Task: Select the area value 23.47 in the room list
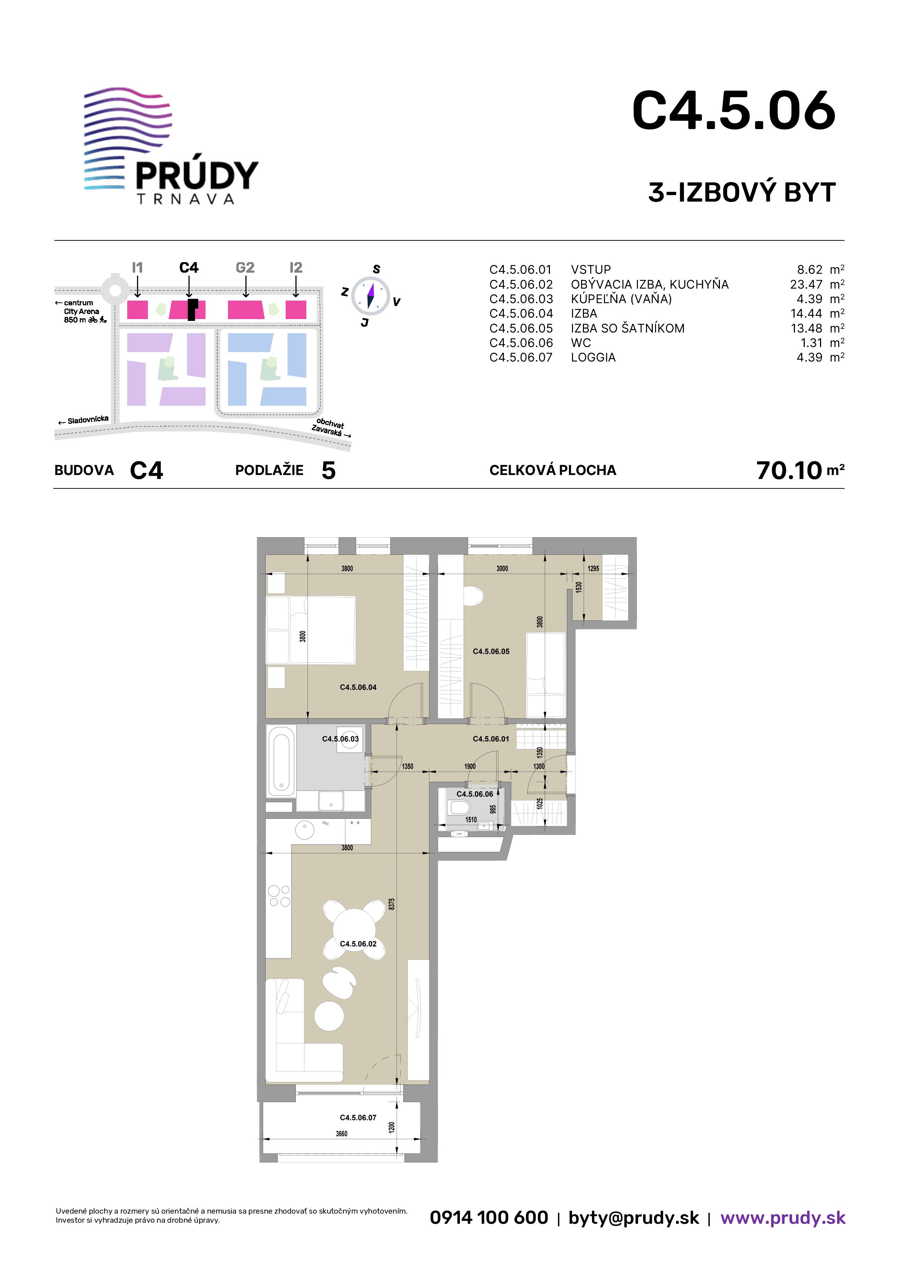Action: (x=806, y=284)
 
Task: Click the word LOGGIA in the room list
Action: (x=593, y=357)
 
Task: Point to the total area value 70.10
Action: (x=789, y=470)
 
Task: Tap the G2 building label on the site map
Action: (x=245, y=268)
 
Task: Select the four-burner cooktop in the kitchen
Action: (x=279, y=896)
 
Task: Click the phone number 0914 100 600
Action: (x=489, y=1217)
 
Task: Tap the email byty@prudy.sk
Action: (x=634, y=1218)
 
